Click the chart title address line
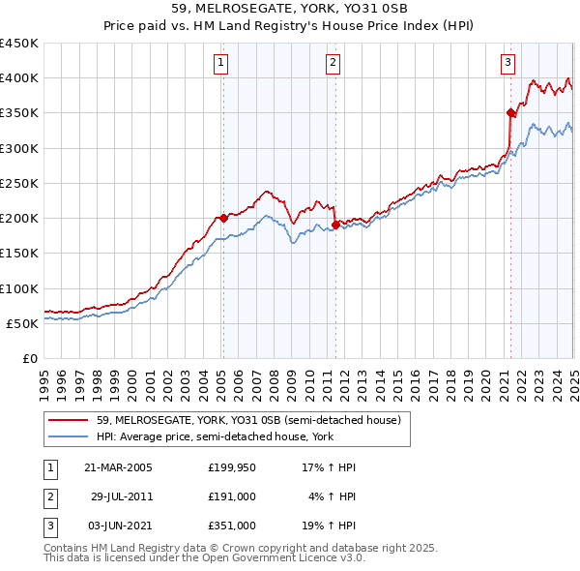click(x=289, y=9)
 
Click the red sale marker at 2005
click(x=223, y=218)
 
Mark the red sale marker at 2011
click(x=335, y=225)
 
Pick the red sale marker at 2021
click(x=509, y=112)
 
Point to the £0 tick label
click(x=31, y=358)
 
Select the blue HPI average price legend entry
click(x=231, y=436)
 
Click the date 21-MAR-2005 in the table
click(x=118, y=467)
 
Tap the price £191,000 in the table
click(x=232, y=496)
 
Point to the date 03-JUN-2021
click(x=119, y=526)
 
